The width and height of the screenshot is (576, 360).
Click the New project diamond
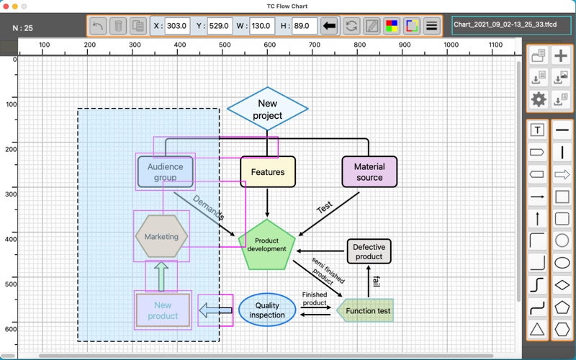pyautogui.click(x=268, y=109)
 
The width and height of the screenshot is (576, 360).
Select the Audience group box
pyautogui.click(x=166, y=172)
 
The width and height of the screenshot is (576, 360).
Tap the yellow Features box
pyautogui.click(x=268, y=172)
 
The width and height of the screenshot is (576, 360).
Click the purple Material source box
pyautogui.click(x=369, y=172)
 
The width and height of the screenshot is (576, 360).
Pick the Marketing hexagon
pyautogui.click(x=161, y=236)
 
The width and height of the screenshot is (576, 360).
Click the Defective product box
pyautogui.click(x=369, y=251)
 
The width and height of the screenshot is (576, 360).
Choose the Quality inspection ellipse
pyautogui.click(x=267, y=310)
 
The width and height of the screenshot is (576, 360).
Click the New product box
pyautogui.click(x=163, y=311)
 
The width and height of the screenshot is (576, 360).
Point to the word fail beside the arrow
pyautogui.click(x=376, y=279)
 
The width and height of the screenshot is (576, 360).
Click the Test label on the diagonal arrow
pyautogui.click(x=325, y=208)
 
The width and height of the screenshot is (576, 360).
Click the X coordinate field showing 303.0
pyautogui.click(x=176, y=27)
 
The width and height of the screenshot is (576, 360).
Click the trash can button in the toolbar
pyautogui.click(x=119, y=27)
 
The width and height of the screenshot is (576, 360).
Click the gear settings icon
pyautogui.click(x=538, y=99)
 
